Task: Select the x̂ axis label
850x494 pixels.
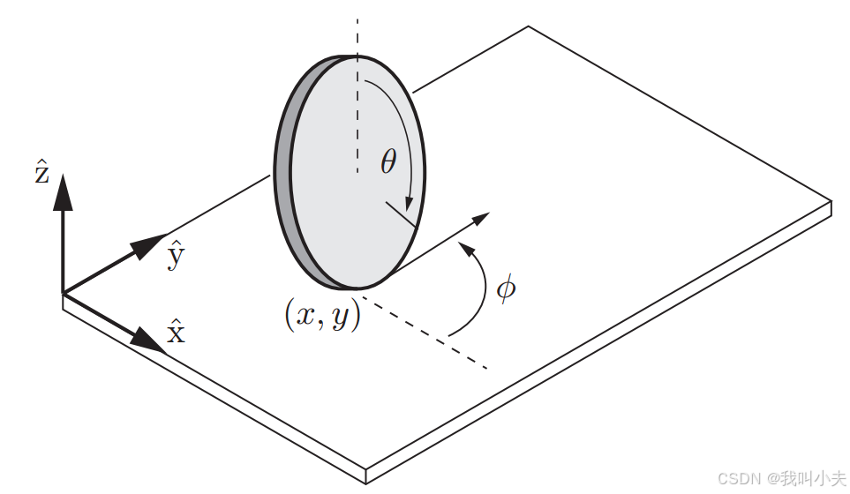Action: pos(177,333)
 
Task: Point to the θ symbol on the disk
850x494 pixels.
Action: pos(388,161)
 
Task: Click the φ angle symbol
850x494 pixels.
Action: pos(506,288)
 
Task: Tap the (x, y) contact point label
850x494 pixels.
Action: pos(322,315)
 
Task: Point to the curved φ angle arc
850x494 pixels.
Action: pos(484,291)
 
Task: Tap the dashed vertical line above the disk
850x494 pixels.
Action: pos(357,35)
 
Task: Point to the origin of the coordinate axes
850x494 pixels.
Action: pos(63,293)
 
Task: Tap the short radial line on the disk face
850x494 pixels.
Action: pos(399,215)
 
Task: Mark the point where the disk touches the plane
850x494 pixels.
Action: pos(357,288)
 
